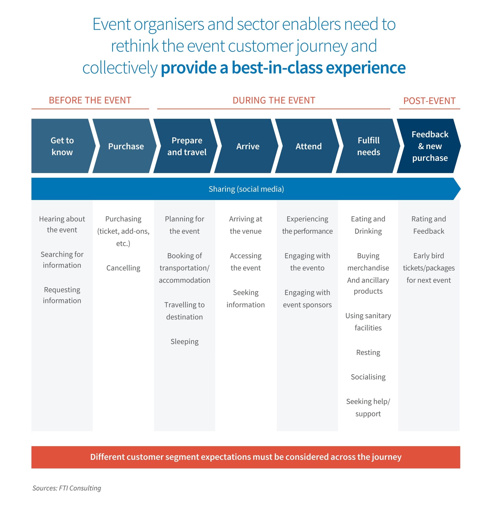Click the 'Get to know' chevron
tap(62, 146)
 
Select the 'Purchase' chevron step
tap(126, 146)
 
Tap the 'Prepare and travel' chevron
tap(187, 146)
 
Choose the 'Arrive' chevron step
tap(247, 146)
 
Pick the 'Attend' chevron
tap(308, 146)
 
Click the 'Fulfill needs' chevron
tap(368, 146)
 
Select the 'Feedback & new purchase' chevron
tap(430, 146)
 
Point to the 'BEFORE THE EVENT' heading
tap(90, 100)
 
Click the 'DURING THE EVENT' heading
tap(273, 100)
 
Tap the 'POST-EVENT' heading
tap(429, 101)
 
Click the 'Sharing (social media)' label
tap(246, 189)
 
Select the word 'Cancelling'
tap(123, 268)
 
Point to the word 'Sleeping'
tap(184, 341)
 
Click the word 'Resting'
tap(368, 352)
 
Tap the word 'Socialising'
tap(368, 377)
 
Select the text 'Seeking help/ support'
tap(368, 407)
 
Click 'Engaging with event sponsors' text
tap(307, 298)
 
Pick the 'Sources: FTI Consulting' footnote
tap(67, 488)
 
